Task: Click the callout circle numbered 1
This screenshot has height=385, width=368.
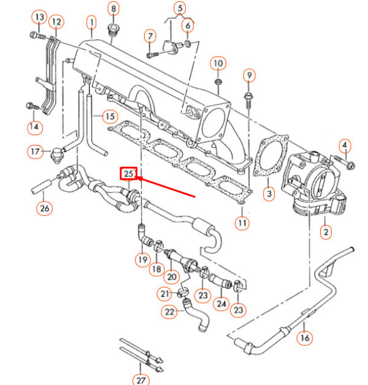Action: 91,24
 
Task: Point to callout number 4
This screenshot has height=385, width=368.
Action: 345,146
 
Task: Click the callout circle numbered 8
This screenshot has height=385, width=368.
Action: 113,9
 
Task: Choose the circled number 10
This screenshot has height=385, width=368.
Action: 218,62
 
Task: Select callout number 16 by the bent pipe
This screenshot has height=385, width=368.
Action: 304,337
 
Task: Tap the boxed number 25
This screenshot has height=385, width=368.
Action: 128,174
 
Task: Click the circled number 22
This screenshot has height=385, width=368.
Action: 169,312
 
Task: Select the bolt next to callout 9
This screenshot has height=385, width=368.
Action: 248,98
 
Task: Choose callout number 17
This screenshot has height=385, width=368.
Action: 37,150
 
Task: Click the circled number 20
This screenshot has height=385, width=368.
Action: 172,276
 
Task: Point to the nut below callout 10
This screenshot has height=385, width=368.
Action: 218,80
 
